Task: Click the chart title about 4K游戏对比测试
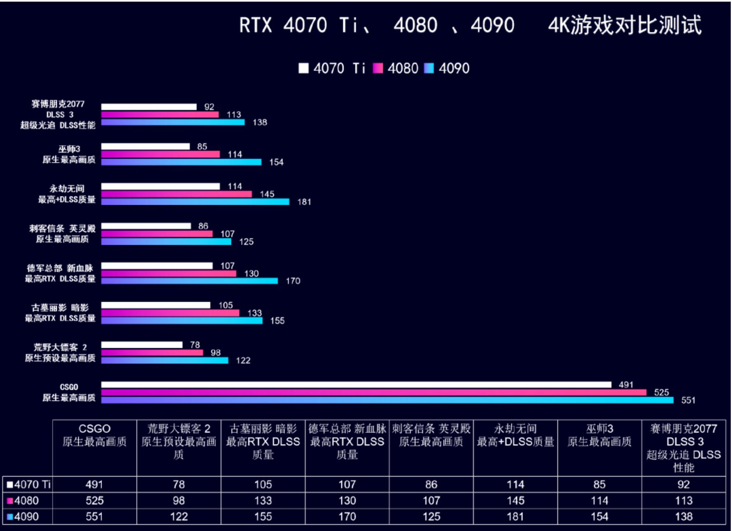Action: coord(470,25)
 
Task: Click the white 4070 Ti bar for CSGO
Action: coord(356,385)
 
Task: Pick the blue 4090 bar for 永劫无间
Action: coord(195,202)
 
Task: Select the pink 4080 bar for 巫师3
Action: coord(161,154)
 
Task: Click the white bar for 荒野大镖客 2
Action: coord(142,345)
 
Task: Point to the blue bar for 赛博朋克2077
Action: coord(173,122)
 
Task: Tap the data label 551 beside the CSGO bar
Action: coord(688,400)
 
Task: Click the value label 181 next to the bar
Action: coord(304,202)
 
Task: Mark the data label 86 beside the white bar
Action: coord(203,226)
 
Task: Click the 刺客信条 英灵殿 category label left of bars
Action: coord(62,234)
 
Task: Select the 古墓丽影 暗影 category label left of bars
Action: coord(60,313)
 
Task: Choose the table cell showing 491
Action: coord(94,484)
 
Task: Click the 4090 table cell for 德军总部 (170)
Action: coord(347,517)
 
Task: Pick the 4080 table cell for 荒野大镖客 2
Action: coord(179,501)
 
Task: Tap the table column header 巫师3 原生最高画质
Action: coord(599,435)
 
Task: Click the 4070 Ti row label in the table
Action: coord(28,484)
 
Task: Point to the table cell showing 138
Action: coord(683,517)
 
